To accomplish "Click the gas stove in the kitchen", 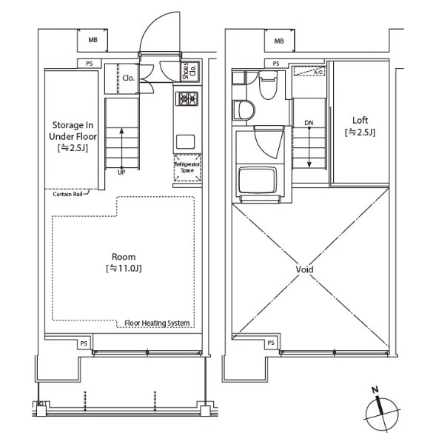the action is pos(187,98).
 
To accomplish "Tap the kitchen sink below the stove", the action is pos(185,141).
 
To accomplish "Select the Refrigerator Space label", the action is pos(187,167).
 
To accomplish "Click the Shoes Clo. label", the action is pos(189,71).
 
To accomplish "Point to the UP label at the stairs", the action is pos(121,172).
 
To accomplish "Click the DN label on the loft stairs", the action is pos(309,123).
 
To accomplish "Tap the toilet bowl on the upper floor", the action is pos(268,85).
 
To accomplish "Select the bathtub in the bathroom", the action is pos(258,180).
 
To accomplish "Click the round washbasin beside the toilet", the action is pos(244,110).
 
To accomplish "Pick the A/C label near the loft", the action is pos(318,73).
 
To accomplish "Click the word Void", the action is pos(304,269).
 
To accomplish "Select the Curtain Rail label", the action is pos(67,194).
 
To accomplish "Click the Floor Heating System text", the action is pos(157,323).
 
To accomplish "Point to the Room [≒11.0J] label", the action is pos(124,262).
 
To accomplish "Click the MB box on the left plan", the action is pos(93,40).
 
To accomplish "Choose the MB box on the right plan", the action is pos(279,41).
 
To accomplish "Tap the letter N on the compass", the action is pos(375,390).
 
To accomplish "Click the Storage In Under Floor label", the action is pos(73,137).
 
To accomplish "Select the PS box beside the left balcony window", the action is pos(84,343).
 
